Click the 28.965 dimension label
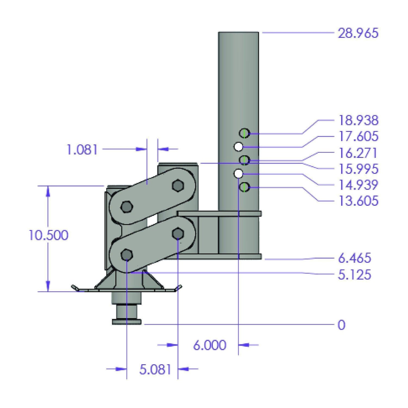coord(358,33)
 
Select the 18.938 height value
coord(358,120)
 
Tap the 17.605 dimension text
coord(358,136)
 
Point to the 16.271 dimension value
coord(358,153)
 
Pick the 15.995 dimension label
coord(358,169)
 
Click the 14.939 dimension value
coord(358,185)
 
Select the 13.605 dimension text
coord(358,201)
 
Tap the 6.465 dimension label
coord(354,258)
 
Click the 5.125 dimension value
coord(354,275)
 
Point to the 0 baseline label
coord(341,325)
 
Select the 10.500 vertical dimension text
coord(48,235)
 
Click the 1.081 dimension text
coord(82,150)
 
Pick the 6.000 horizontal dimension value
coord(209,345)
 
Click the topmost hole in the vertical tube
coord(244,133)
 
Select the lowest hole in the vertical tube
coord(244,187)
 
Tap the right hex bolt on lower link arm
coord(178,233)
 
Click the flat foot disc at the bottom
coord(127,322)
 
